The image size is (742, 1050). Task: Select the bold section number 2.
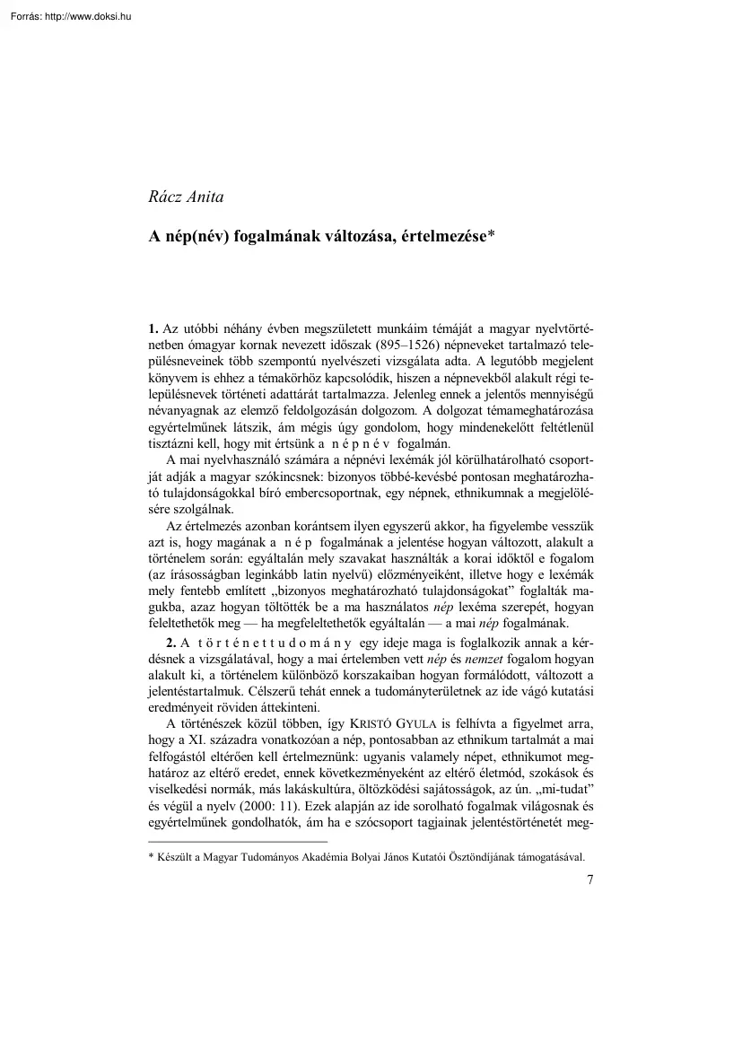pyautogui.click(x=153, y=643)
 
